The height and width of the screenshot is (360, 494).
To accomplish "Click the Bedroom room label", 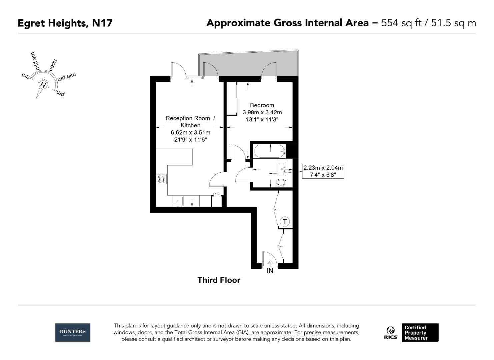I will click(x=262, y=105).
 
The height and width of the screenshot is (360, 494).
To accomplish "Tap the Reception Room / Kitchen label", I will click(x=190, y=122).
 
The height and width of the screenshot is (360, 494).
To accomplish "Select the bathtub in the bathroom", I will click(x=270, y=152).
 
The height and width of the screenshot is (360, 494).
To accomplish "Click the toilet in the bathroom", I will click(x=281, y=182).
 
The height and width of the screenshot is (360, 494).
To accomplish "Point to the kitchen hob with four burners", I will click(x=162, y=179).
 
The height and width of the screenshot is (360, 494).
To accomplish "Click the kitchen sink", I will click(x=177, y=201).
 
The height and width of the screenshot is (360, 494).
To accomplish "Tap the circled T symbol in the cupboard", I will click(x=285, y=221).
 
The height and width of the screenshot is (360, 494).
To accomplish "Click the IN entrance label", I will click(x=270, y=271).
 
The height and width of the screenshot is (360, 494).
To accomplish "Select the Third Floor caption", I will click(x=219, y=280).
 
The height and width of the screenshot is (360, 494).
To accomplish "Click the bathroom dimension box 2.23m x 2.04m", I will click(x=323, y=171).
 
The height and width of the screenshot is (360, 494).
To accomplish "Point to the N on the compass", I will click(x=43, y=85).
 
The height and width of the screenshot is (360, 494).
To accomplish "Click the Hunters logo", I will click(x=72, y=332).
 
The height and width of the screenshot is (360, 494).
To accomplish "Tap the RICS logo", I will click(x=391, y=333).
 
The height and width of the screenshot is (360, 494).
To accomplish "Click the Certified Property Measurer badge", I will click(x=420, y=333).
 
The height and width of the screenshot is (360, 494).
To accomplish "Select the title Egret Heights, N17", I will click(x=65, y=23).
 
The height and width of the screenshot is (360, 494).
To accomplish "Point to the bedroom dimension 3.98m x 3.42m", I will click(x=262, y=112).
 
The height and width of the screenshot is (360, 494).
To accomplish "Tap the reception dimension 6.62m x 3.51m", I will click(x=190, y=133).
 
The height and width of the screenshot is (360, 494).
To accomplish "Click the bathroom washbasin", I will click(x=281, y=168).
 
